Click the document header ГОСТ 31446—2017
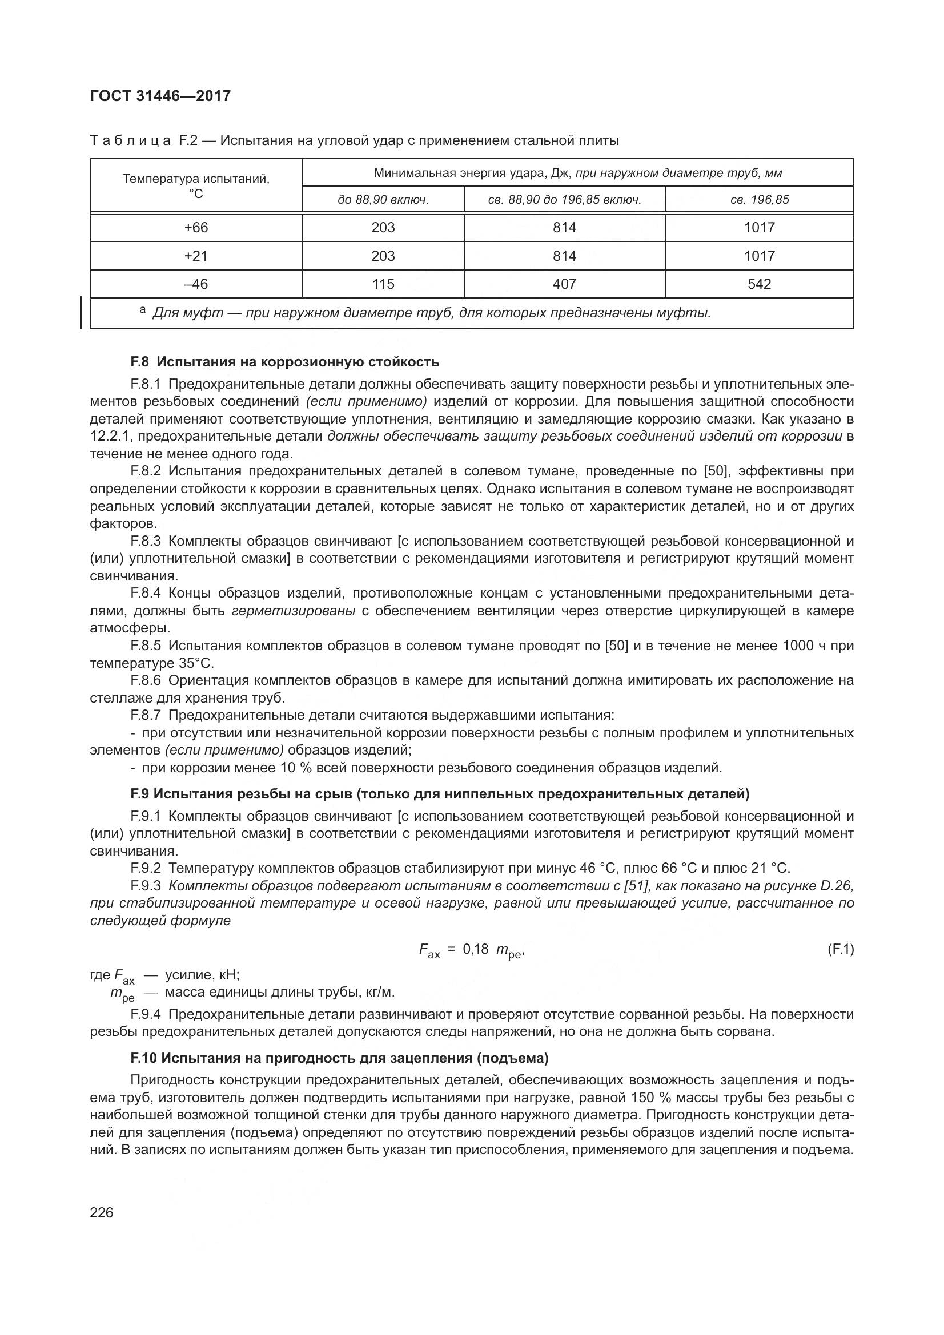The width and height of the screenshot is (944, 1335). [160, 96]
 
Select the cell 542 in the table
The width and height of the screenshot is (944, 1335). [759, 284]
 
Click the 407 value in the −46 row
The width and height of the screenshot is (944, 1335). [564, 284]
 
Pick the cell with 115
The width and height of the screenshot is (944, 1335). [383, 284]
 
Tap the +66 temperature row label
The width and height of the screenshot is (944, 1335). [196, 228]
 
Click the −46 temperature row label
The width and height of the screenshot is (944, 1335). [196, 284]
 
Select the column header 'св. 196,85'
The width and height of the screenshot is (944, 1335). [759, 200]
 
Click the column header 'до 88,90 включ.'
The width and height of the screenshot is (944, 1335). [383, 200]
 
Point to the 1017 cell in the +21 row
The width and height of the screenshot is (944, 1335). [759, 256]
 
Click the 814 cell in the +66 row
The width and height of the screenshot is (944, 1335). [564, 228]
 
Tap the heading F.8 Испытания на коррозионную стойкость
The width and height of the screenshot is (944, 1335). [284, 362]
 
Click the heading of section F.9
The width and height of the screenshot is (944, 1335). [440, 794]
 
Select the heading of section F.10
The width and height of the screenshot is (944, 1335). [340, 1058]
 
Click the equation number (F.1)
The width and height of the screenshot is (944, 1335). [840, 950]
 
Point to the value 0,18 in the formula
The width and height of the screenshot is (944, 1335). [475, 950]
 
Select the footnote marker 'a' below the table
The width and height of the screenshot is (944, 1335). [143, 310]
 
